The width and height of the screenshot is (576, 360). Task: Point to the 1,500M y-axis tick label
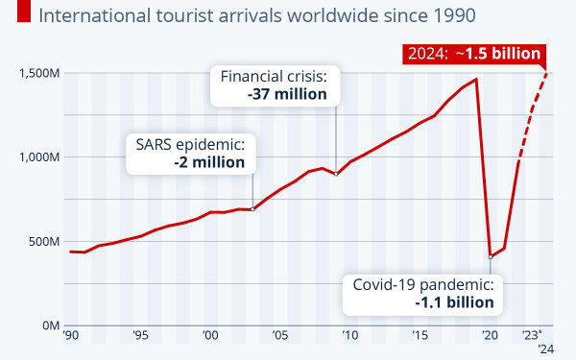click(x=37, y=73)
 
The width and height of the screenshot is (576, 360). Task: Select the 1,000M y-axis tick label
click(x=37, y=156)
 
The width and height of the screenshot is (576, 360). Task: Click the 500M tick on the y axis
click(x=43, y=241)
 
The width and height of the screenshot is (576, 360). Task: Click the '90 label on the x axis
click(x=71, y=336)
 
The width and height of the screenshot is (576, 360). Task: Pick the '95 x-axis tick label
click(x=140, y=336)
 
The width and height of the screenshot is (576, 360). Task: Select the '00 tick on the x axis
click(x=210, y=336)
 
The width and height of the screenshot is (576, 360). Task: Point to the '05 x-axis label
click(x=279, y=336)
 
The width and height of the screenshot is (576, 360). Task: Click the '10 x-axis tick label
click(x=349, y=336)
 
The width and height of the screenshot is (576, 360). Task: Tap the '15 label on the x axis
click(x=420, y=336)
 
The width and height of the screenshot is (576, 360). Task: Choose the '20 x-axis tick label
click(x=489, y=336)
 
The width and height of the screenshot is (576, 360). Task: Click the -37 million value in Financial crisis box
click(x=286, y=94)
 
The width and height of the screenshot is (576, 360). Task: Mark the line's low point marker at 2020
click(x=491, y=256)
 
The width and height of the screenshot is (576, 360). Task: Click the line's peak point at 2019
click(x=476, y=79)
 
